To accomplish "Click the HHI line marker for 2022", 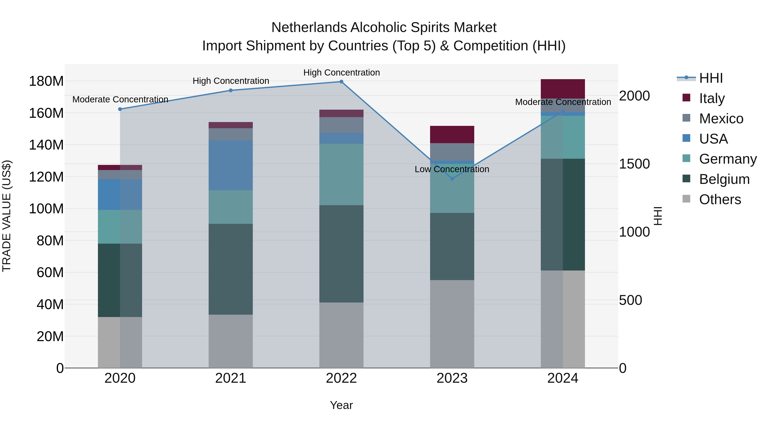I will click(341, 82).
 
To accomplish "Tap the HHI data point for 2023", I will click(452, 179).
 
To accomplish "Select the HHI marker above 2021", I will click(231, 90).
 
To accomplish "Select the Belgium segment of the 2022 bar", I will click(341, 254).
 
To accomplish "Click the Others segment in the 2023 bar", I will click(452, 324).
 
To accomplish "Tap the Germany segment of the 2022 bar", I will click(341, 175).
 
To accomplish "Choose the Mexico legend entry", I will click(721, 119).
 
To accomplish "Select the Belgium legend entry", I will click(724, 179).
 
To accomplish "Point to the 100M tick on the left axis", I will click(46, 209).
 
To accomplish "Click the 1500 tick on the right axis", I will click(634, 164).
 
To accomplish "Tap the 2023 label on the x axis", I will click(452, 378).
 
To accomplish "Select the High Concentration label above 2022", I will click(341, 73).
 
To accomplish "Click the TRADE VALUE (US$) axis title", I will click(7, 216).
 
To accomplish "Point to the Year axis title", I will click(341, 405).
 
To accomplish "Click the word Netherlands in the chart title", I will click(309, 28).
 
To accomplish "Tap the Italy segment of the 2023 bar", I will click(452, 134).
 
